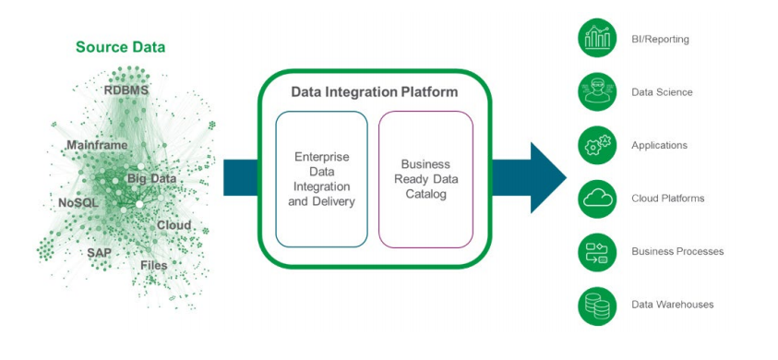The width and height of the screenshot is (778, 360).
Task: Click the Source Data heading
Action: [x=121, y=48]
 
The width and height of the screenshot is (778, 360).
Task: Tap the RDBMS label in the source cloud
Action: [x=126, y=90]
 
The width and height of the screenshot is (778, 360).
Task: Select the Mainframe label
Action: [x=97, y=145]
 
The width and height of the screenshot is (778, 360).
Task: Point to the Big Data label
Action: [x=152, y=179]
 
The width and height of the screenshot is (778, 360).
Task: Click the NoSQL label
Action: [x=78, y=202]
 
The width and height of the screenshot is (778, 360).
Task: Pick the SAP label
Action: [x=100, y=252]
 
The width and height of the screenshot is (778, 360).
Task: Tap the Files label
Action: [x=154, y=265]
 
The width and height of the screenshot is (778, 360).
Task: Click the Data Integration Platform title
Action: [x=374, y=92]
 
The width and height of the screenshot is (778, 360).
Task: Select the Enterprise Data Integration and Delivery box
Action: [x=321, y=179]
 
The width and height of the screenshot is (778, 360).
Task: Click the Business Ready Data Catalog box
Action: [x=425, y=179]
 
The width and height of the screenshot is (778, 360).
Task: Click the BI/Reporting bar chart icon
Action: [x=597, y=38]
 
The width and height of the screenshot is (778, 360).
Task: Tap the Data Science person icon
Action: [x=597, y=92]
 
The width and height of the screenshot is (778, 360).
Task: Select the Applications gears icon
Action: [x=597, y=145]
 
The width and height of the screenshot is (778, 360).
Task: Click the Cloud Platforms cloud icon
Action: [x=597, y=198]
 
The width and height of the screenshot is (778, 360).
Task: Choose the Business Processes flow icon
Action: [x=597, y=252]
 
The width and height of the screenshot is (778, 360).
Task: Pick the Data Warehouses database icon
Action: [x=597, y=306]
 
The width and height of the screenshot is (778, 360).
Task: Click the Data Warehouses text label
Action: [x=672, y=305]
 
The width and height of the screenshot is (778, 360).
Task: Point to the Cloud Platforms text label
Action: [x=668, y=198]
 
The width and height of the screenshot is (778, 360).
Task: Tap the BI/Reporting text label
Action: [x=660, y=39]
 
